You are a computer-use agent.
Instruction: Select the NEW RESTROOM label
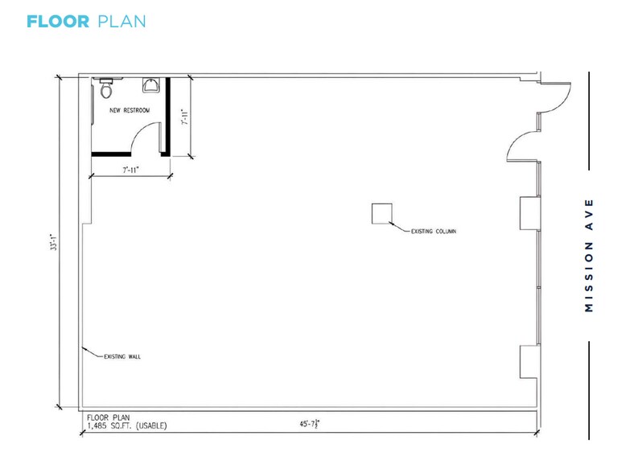coord(130,110)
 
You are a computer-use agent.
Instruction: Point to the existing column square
coord(381,213)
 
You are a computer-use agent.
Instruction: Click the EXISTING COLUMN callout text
coord(433,231)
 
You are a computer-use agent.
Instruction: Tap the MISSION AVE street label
coord(590,255)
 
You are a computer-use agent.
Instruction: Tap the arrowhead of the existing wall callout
coord(84,348)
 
